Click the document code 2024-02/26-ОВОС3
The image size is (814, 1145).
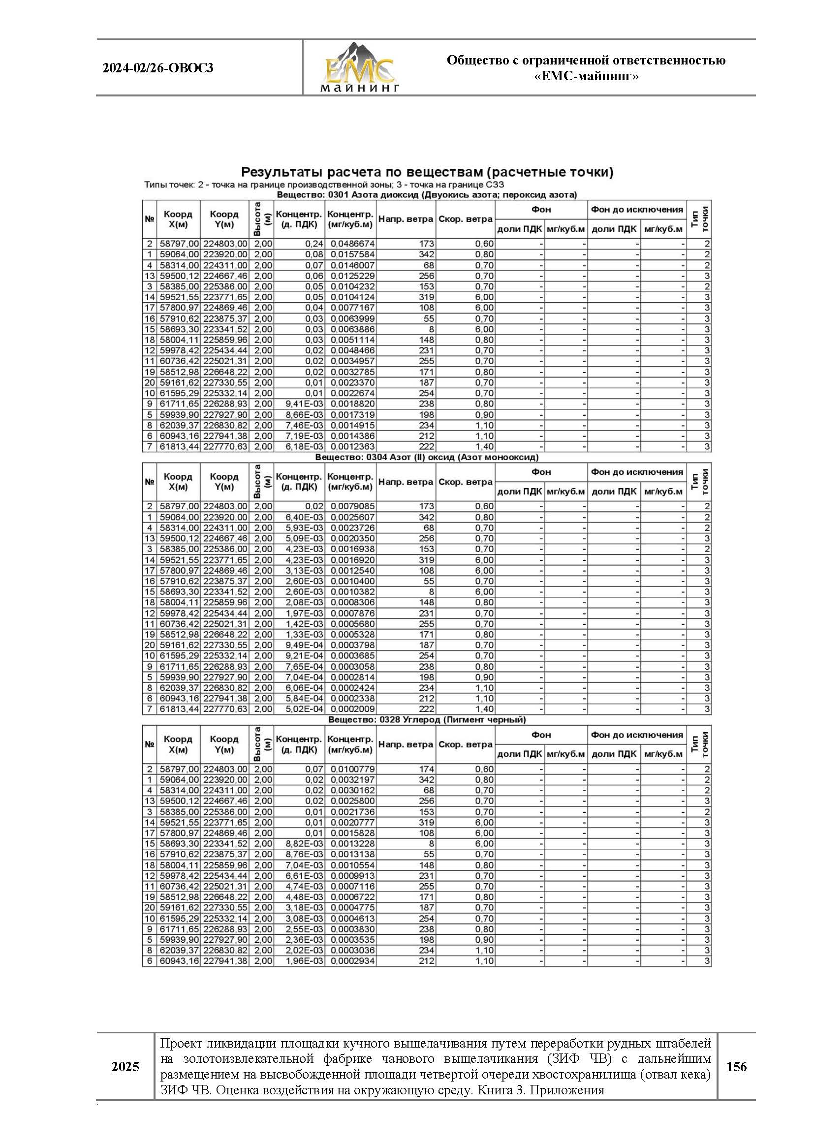tap(158, 68)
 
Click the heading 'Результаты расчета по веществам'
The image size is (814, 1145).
tap(427, 172)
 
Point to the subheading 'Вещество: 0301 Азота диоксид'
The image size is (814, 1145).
tap(427, 195)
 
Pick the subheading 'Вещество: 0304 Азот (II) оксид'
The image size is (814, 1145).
tap(427, 458)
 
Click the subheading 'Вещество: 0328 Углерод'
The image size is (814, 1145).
tap(427, 719)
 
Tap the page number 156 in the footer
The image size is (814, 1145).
tap(736, 1067)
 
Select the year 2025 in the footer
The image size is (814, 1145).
tap(125, 1067)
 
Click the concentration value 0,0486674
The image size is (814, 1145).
tap(352, 244)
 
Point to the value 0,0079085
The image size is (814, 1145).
tap(352, 507)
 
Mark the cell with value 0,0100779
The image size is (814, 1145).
tap(352, 769)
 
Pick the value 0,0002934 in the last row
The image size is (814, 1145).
tap(352, 961)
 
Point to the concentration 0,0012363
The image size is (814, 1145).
tap(352, 446)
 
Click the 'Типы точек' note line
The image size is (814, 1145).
tap(324, 185)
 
